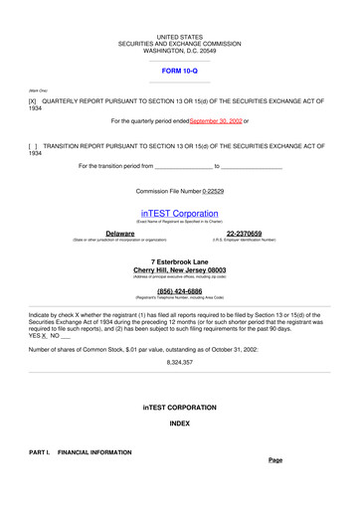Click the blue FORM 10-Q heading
click(x=179, y=73)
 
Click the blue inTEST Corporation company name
click(x=179, y=214)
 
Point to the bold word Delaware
click(x=120, y=234)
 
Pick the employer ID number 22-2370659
click(x=244, y=234)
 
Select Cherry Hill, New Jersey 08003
click(x=179, y=269)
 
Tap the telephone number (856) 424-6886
click(x=179, y=291)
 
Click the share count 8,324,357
click(x=179, y=363)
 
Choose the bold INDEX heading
click(x=179, y=424)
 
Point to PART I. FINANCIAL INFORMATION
click(x=81, y=452)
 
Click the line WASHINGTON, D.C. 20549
click(x=179, y=51)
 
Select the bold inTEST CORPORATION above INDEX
click(x=179, y=408)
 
